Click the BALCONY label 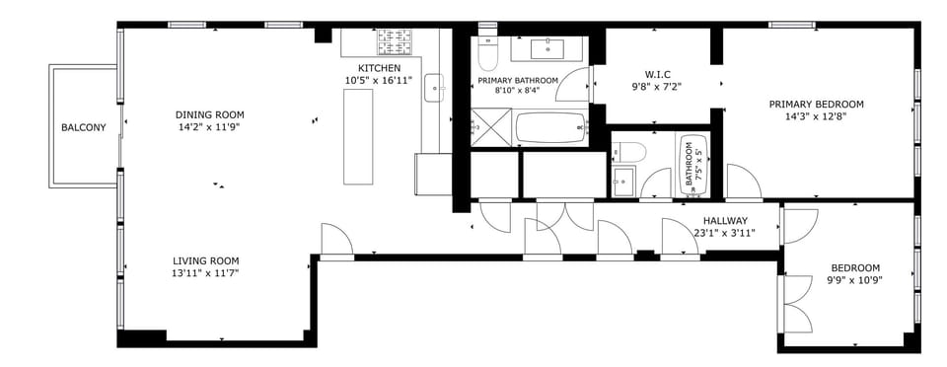[x=83, y=127]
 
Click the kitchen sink [x=435, y=90]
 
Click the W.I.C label [x=657, y=73]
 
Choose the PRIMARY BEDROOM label [x=816, y=104]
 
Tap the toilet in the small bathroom [x=627, y=152]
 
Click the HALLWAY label [x=725, y=220]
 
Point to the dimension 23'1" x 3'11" [x=725, y=233]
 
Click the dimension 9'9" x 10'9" [x=854, y=280]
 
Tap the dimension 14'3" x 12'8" [x=816, y=115]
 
